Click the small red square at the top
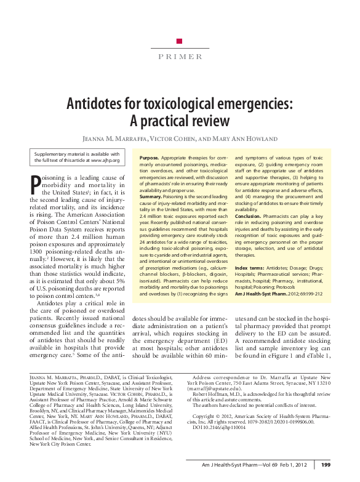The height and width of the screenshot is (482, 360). pos(179,41)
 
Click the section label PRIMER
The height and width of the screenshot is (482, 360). pos(180,57)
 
